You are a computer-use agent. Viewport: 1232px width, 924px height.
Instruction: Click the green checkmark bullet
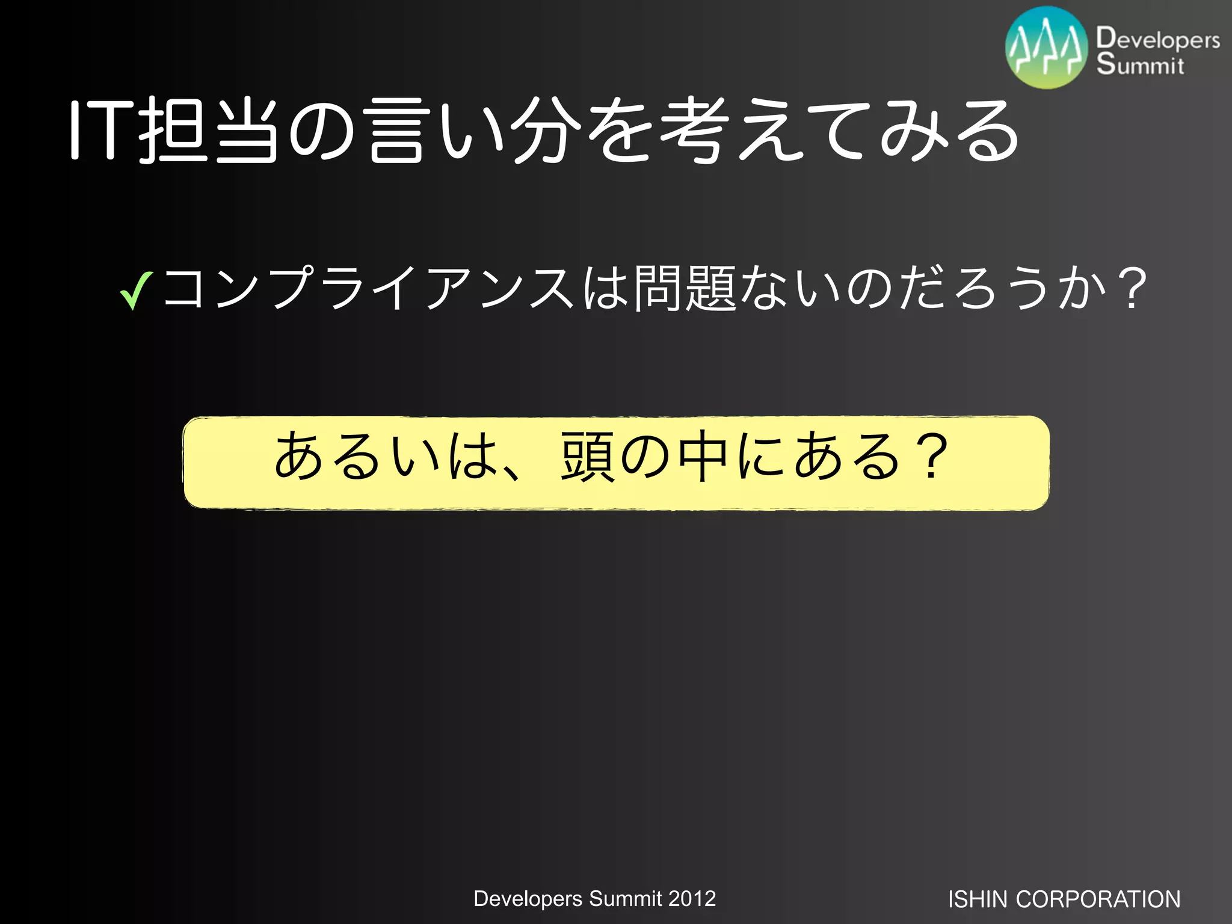(136, 291)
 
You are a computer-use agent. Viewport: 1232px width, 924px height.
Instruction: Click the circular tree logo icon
(1047, 48)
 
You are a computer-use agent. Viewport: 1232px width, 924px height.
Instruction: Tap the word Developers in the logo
(1158, 39)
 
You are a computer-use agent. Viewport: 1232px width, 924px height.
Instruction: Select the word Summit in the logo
(1140, 64)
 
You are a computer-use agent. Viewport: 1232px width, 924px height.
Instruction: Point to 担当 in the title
(208, 131)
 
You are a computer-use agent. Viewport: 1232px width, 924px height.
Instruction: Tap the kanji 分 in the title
(546, 131)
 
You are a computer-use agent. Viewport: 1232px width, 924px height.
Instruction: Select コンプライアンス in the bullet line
(367, 289)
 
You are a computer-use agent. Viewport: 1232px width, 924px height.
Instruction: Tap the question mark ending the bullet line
(1134, 289)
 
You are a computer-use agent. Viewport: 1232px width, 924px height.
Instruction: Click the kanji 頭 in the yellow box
(587, 457)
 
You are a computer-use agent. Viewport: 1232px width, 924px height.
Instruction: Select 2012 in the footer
(692, 899)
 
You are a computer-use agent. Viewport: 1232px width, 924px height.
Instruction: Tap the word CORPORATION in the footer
(1098, 899)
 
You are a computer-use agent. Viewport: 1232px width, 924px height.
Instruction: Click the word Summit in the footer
(625, 899)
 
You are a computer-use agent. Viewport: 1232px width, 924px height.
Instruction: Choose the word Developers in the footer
(528, 899)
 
